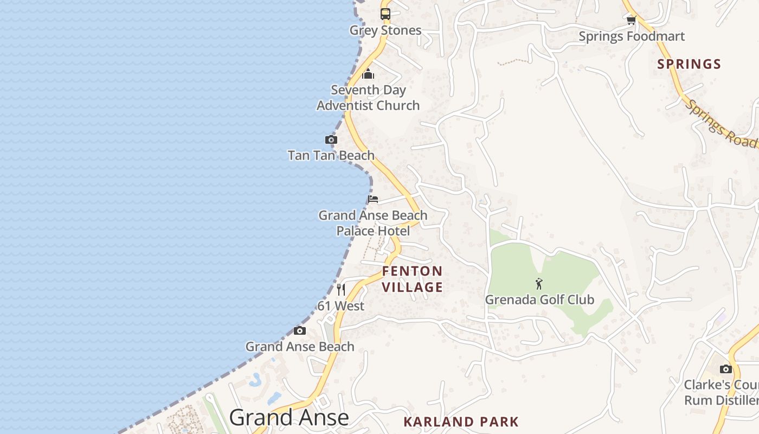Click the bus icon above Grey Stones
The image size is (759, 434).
click(385, 14)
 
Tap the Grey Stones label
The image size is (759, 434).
click(385, 30)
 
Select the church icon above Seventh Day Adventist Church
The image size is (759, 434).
click(368, 74)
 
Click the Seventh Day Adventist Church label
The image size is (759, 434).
click(368, 98)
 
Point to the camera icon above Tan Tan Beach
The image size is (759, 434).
click(331, 140)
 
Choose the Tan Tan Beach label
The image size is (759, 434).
click(331, 156)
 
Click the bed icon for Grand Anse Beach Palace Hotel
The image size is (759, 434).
click(373, 199)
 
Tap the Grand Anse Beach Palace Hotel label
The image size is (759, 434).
click(372, 223)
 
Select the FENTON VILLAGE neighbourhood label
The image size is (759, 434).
click(413, 279)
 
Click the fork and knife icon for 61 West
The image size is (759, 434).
click(341, 290)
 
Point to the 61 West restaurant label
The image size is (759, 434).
click(341, 306)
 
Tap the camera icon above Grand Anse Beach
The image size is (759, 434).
click(300, 331)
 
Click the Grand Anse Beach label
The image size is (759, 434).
click(300, 347)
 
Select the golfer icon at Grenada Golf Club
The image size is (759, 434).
click(539, 284)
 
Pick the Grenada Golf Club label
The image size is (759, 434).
click(539, 299)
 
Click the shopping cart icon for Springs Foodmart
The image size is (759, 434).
click(631, 21)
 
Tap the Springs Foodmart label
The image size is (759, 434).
click(632, 37)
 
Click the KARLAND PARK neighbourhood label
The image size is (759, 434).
click(461, 422)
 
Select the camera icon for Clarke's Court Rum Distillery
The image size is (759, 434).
click(726, 369)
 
